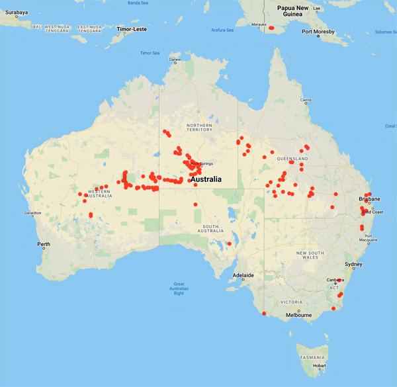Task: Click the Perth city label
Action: [44, 245]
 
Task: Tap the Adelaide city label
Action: [243, 275]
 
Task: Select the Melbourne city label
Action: [299, 315]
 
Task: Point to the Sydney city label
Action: [353, 265]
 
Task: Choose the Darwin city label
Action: [175, 60]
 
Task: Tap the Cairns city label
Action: [305, 101]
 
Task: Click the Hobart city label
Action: [320, 365]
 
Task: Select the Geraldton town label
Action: [32, 213]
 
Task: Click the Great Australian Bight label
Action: [179, 288]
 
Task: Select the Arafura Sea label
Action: [222, 30]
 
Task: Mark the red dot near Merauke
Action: [271, 28]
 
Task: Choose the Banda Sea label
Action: [137, 3]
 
